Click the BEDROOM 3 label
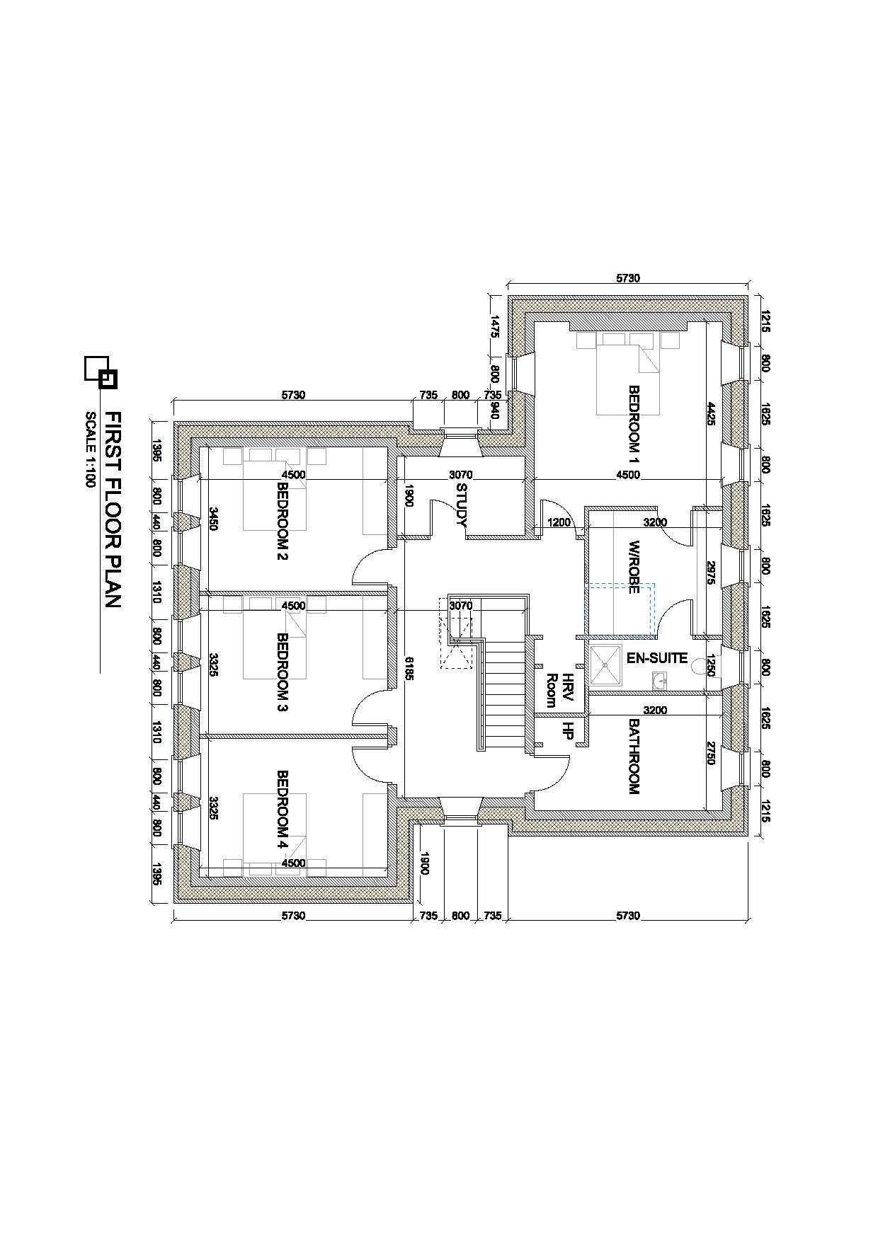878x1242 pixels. point(282,672)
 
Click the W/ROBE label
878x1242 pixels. point(634,567)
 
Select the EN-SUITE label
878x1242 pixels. point(656,658)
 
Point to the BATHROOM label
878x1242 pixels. point(634,757)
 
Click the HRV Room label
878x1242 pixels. point(559,690)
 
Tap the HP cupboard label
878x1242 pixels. point(566,731)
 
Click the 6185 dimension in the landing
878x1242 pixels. point(409,668)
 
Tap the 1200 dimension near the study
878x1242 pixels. point(559,523)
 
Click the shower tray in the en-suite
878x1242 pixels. point(605,665)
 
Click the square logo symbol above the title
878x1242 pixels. point(101,371)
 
